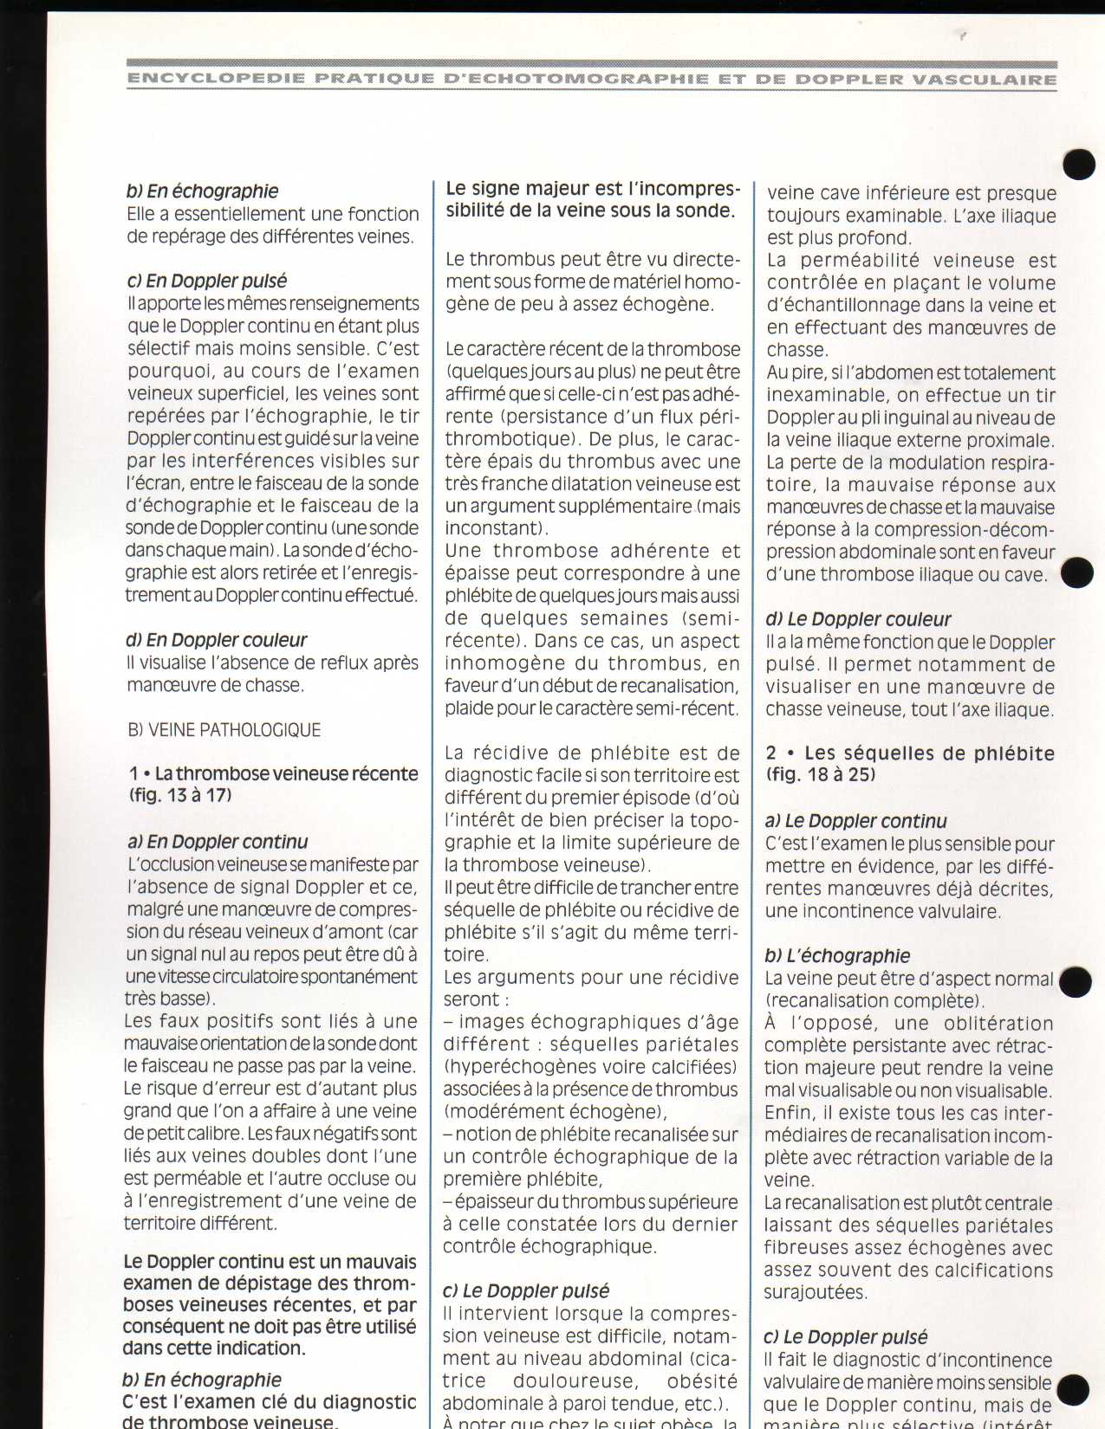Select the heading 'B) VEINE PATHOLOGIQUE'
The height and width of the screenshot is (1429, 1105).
pyautogui.click(x=224, y=730)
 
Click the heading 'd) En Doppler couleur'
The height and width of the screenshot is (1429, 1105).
pyautogui.click(x=217, y=640)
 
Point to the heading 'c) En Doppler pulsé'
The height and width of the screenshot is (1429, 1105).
pyautogui.click(x=207, y=281)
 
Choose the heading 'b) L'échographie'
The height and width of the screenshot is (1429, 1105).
pyautogui.click(x=837, y=955)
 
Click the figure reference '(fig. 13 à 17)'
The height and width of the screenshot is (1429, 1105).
pyautogui.click(x=181, y=795)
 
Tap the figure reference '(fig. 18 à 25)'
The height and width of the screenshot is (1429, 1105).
pyautogui.click(x=820, y=774)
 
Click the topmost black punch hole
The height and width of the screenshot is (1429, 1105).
pyautogui.click(x=1078, y=163)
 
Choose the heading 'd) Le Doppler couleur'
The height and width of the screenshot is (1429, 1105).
pyautogui.click(x=858, y=619)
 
